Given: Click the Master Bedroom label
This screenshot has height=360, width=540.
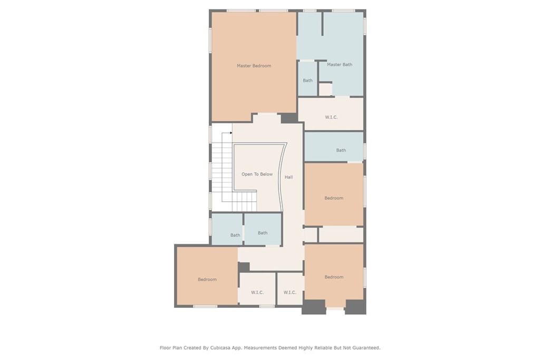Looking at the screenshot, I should pos(254,66).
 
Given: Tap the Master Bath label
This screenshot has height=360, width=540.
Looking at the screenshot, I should pos(339,65).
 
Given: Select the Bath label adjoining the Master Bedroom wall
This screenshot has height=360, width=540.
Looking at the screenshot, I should pos(307,81).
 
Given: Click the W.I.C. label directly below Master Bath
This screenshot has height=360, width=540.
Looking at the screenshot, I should pos(331,117).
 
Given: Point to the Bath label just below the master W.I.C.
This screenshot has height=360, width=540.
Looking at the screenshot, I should pos(341,150).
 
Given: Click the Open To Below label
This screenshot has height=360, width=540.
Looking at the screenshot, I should pos(257,174).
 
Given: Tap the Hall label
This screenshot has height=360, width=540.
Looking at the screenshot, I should pos(288,177).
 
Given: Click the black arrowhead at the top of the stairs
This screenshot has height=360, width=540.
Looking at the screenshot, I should pos(231,133).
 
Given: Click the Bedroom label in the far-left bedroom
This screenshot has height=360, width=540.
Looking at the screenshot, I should pos(207,279).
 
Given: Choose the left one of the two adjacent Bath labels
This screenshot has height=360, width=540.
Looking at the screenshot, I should pos(235,235).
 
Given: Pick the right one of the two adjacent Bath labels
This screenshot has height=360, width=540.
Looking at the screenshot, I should pos(263,232).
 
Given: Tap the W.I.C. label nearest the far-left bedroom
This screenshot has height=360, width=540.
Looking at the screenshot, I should pos(257,293).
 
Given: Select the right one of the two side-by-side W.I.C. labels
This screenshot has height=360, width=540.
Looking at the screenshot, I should pos(290,293).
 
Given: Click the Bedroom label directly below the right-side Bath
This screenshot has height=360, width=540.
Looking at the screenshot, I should pos(334,198).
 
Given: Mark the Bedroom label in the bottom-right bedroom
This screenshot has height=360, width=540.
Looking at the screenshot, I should pos(334,277).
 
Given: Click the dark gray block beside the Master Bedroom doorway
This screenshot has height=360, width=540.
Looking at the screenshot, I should pos(288,118).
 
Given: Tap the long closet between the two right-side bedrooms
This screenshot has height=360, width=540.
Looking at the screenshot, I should pos(341,235).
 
